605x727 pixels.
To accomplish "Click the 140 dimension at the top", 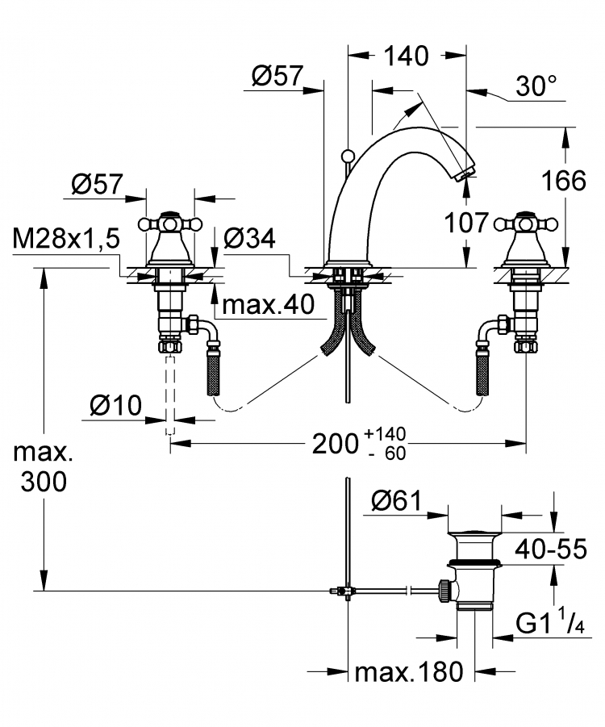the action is pos(407,56).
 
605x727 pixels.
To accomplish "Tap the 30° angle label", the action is pos(536,86).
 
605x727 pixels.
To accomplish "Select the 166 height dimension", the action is pos(564,181).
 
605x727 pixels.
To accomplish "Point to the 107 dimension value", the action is pos(466,223).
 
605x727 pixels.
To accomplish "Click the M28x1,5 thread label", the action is pos(66,240).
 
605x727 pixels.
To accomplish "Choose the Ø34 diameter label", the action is pos(249,238).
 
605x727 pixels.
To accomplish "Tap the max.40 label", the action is pos(269,304).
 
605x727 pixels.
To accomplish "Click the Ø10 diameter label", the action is pos(116,406).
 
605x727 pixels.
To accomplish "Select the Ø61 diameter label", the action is pos(397,501).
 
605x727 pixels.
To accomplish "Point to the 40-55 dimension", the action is pos(551,549).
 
